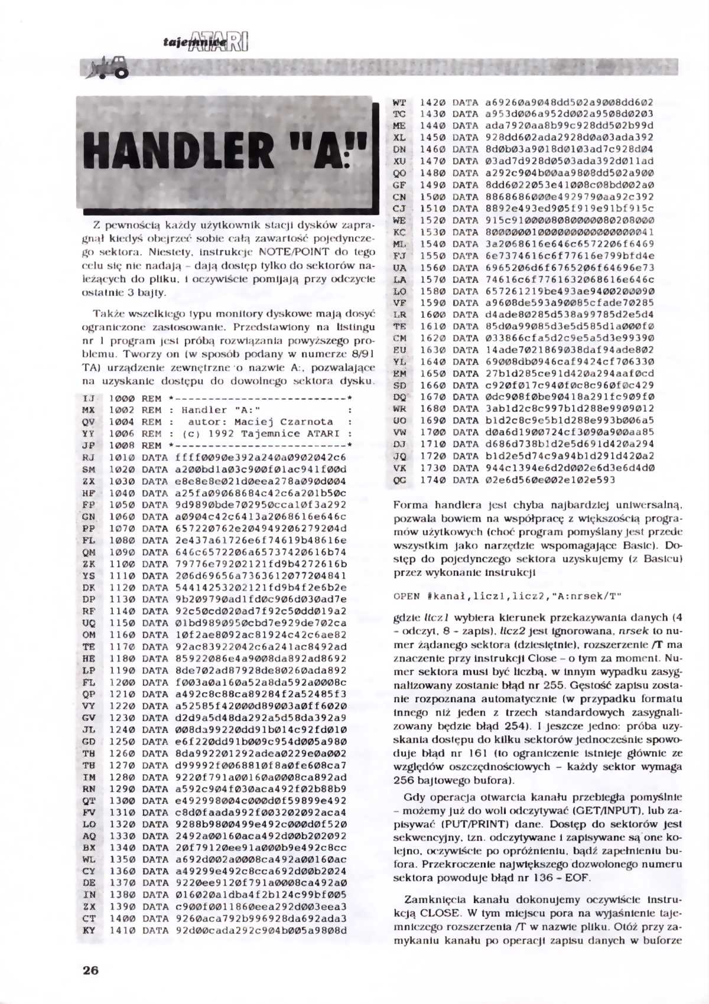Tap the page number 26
(90, 970)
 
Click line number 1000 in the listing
(121, 399)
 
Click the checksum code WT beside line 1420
(399, 103)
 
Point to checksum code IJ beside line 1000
(89, 399)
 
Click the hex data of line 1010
(260, 458)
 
